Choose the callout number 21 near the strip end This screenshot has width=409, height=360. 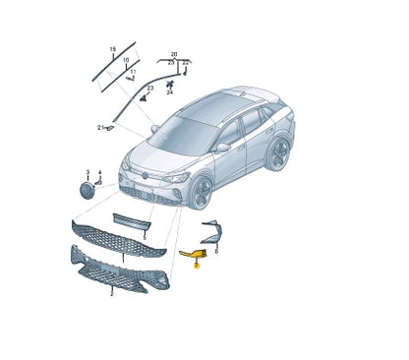click(x=100, y=128)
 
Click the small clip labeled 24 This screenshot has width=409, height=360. click(x=169, y=85)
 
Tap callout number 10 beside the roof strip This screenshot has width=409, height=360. click(x=125, y=60)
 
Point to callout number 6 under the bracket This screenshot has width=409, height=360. click(x=216, y=252)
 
